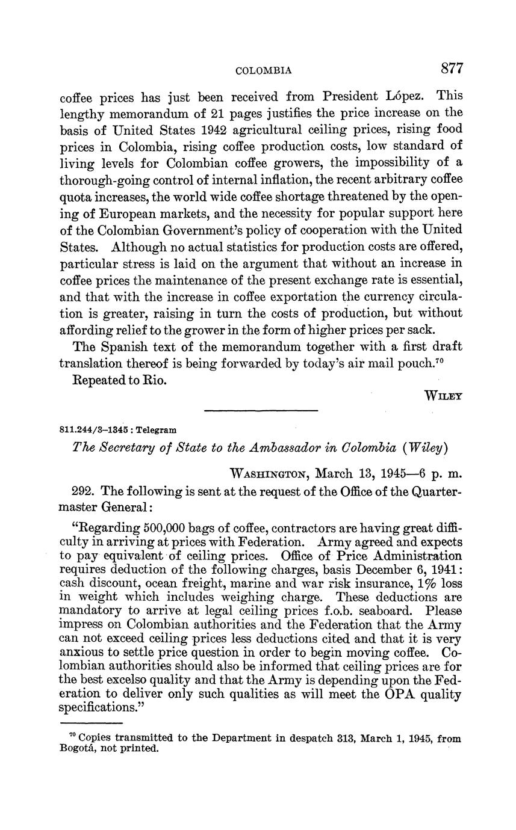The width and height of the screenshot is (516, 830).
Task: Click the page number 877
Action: [x=452, y=69]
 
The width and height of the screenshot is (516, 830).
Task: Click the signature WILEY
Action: [x=444, y=396]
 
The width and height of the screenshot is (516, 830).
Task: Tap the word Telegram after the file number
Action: [x=158, y=430]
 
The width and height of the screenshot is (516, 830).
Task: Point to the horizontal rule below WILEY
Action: [x=261, y=411]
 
